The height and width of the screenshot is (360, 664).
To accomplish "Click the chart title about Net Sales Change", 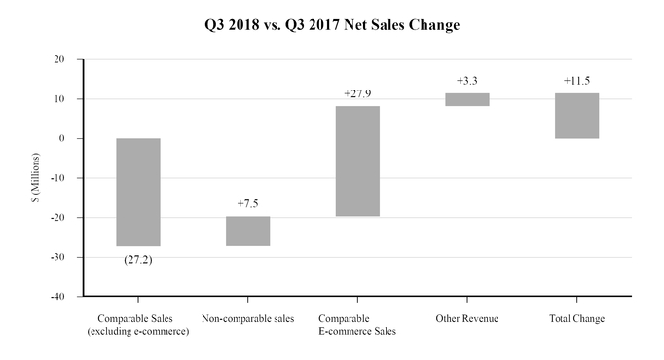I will [332, 25].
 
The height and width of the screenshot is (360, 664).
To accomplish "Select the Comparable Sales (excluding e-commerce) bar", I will [138, 192].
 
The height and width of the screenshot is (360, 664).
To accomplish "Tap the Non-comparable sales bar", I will [247, 231].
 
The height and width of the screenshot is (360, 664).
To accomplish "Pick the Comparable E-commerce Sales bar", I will [357, 161].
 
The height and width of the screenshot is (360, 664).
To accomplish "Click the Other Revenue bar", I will [467, 99].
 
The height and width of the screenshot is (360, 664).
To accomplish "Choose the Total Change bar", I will [577, 116].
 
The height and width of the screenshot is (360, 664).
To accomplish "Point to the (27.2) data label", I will [138, 260].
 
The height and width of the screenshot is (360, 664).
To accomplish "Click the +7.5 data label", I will [247, 203].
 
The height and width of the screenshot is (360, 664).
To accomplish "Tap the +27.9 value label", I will [357, 93].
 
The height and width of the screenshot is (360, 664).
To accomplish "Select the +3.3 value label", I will [467, 81].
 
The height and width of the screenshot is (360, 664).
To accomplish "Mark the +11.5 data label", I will [577, 81].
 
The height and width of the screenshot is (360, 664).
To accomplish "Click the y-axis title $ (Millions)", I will [34, 177].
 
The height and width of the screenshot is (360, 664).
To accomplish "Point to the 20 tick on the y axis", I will [59, 59].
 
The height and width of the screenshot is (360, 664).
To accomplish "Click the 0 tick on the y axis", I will [62, 138].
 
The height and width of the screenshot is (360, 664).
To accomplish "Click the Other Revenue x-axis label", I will [467, 319].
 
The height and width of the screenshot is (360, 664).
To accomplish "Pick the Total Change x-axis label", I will [577, 319].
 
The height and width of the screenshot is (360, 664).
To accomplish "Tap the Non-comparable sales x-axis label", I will [247, 319].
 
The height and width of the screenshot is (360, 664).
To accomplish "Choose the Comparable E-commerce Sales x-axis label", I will [357, 326].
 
